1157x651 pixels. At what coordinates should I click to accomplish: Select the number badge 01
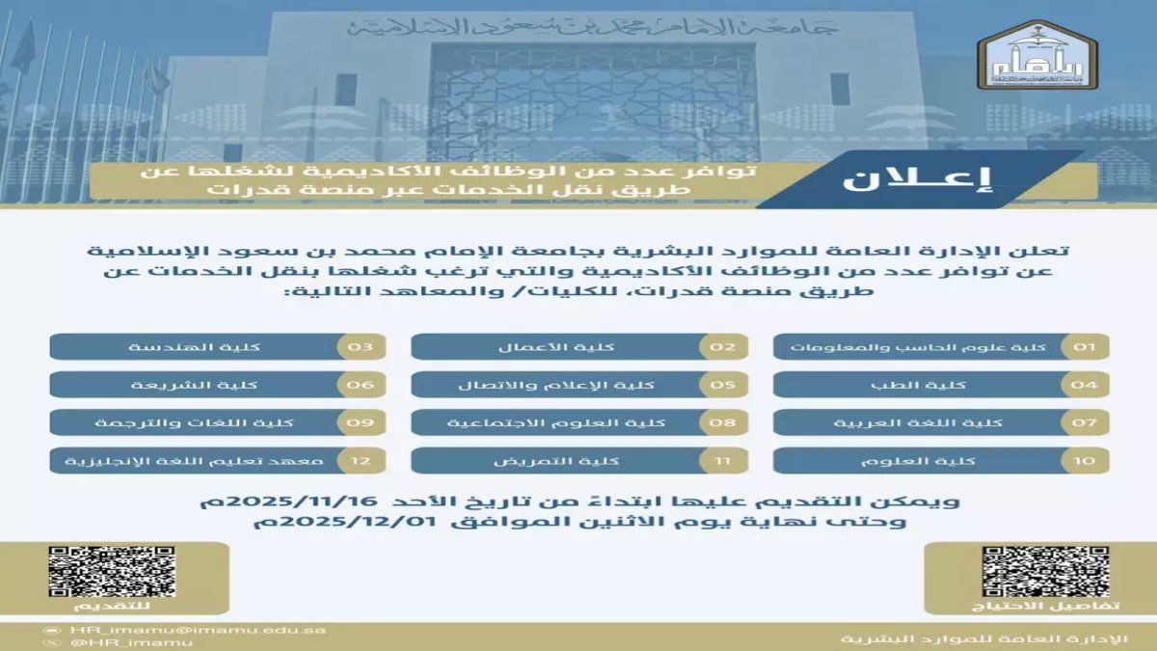pyautogui.click(x=1084, y=347)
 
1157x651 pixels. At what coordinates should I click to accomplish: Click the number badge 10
pyautogui.click(x=1084, y=460)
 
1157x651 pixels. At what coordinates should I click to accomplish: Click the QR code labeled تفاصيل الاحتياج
pyautogui.click(x=1032, y=572)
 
